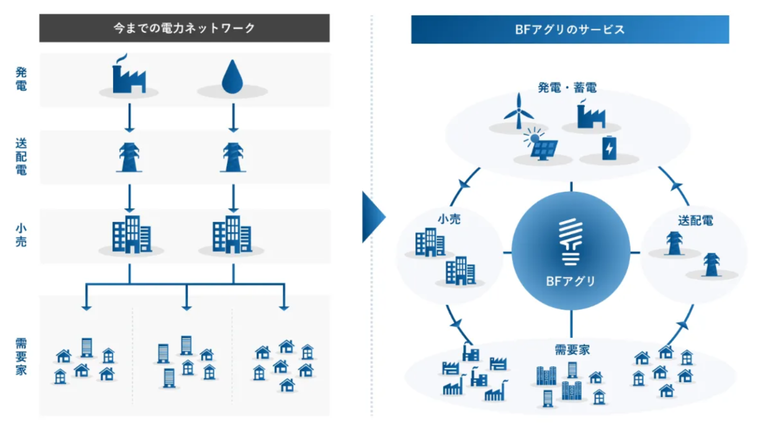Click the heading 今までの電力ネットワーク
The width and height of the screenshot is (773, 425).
184,28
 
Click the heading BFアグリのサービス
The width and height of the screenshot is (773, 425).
569,30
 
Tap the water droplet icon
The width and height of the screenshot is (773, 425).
232,77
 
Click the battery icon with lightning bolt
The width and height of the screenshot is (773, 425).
608,148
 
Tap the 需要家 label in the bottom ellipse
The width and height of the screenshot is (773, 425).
572,350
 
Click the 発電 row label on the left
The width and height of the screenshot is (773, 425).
21,79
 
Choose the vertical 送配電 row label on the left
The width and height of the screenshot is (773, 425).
21,157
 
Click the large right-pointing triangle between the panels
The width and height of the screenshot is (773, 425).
373,217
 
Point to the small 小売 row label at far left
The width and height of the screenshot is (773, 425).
21,235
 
